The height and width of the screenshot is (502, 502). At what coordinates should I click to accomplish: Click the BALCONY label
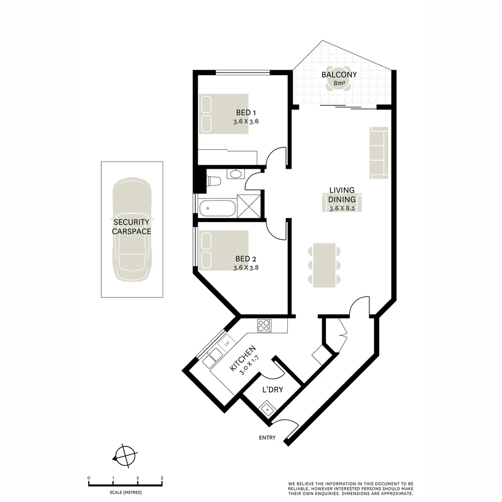pyautogui.click(x=339, y=74)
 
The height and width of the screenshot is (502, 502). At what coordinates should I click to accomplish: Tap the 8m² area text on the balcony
pyautogui.click(x=339, y=84)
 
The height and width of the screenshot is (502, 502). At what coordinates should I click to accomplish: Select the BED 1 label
pyautogui.click(x=246, y=112)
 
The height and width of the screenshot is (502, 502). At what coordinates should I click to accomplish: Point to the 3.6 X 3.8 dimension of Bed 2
pyautogui.click(x=246, y=268)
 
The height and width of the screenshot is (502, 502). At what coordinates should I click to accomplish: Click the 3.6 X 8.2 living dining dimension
pyautogui.click(x=342, y=208)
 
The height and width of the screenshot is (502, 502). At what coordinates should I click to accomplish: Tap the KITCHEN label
pyautogui.click(x=243, y=358)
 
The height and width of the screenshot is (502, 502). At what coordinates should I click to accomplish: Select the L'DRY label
pyautogui.click(x=272, y=390)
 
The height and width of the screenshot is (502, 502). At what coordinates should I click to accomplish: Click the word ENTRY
pyautogui.click(x=268, y=438)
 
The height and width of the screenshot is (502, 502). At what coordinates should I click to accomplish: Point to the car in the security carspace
pyautogui.click(x=132, y=230)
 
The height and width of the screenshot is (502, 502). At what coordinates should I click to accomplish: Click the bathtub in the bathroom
pyautogui.click(x=217, y=208)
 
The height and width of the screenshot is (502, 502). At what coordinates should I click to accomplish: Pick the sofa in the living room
pyautogui.click(x=378, y=152)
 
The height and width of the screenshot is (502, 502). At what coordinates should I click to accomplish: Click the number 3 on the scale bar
pyautogui.click(x=161, y=478)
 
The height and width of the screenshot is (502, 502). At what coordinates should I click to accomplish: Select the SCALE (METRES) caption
pyautogui.click(x=125, y=493)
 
